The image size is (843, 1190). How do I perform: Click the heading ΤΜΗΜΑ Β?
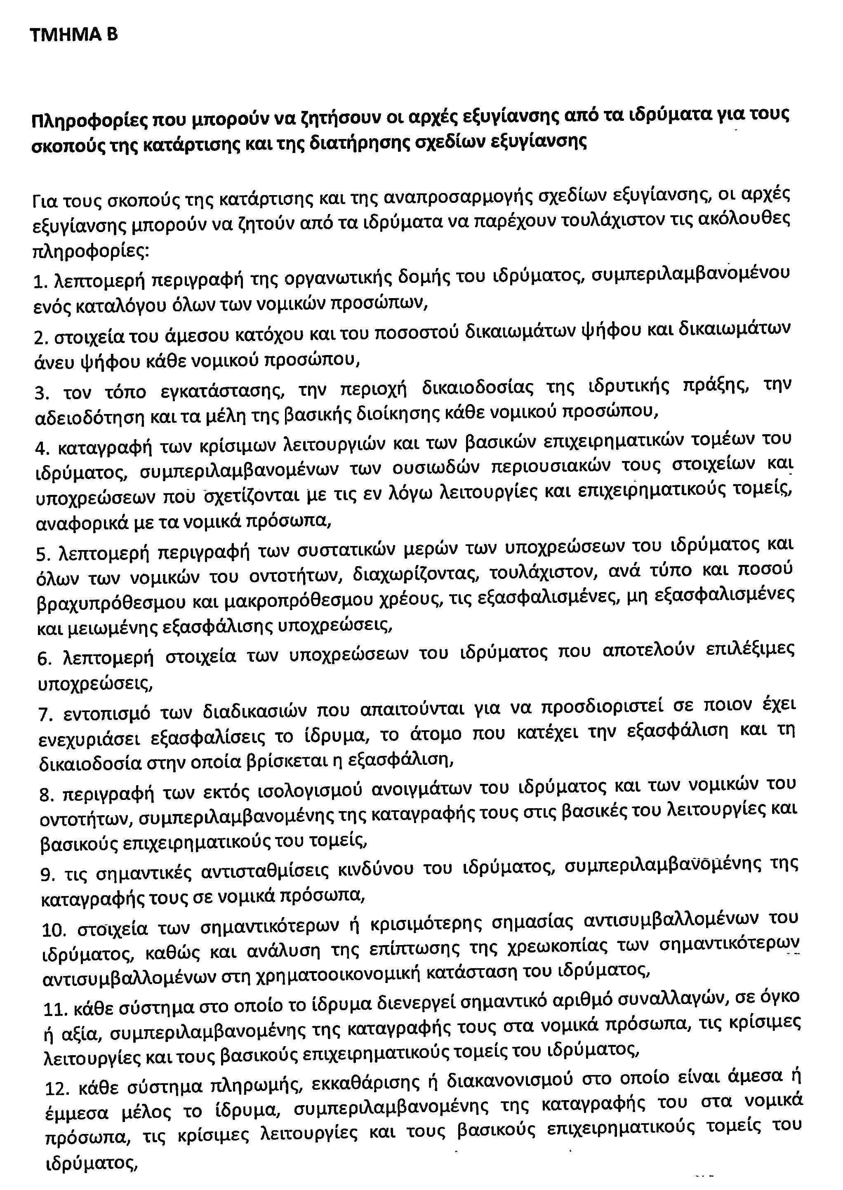pyautogui.click(x=74, y=34)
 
